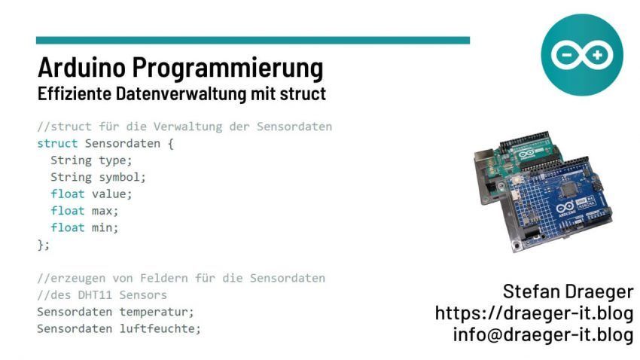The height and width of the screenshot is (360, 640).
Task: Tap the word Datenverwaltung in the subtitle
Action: click(x=172, y=96)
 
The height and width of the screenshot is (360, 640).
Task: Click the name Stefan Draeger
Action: click(x=568, y=291)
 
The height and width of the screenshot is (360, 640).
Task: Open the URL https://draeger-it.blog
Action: click(x=534, y=312)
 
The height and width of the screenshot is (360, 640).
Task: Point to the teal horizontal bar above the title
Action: click(x=252, y=40)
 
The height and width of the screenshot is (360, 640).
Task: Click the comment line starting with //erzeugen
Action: click(x=181, y=278)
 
